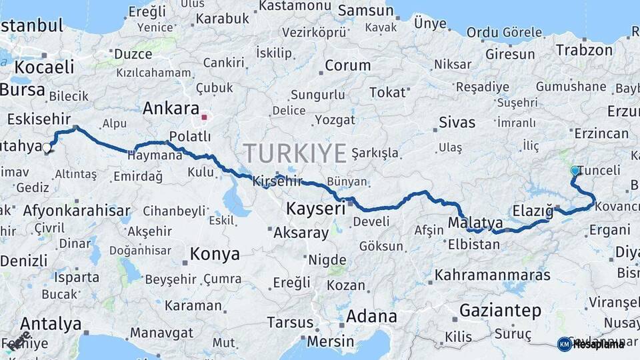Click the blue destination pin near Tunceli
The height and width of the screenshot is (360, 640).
tap(575, 171)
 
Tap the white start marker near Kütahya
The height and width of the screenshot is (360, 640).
tap(47, 149)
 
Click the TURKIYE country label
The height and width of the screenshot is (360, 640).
tap(295, 153)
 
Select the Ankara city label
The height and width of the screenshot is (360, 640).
tap(171, 109)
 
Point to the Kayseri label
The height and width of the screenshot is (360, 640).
tap(315, 209)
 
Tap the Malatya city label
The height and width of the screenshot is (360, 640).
tap(475, 222)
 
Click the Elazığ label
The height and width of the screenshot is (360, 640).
tap(533, 212)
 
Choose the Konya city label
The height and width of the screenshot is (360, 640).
tap(215, 254)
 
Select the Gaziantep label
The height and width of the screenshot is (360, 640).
tap(500, 310)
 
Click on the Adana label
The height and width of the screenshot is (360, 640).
tap(372, 315)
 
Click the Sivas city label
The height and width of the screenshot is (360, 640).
tap(457, 123)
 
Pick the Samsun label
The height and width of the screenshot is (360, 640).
tap(366, 11)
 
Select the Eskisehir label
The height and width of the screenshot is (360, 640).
tap(39, 119)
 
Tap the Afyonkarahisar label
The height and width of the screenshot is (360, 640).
tap(77, 211)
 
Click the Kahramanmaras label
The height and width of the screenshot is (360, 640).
tap(493, 275)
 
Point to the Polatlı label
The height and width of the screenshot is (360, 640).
tap(190, 137)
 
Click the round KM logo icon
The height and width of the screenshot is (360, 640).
tap(564, 344)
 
